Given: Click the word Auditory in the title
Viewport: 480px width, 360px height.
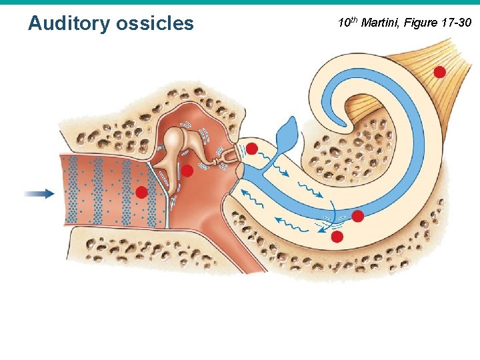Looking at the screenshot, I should (69, 24).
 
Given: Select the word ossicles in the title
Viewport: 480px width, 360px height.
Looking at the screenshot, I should (155, 24).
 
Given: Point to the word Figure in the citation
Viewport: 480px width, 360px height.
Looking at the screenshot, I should (420, 23).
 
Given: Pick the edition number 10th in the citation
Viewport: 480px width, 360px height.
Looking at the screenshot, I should (347, 23).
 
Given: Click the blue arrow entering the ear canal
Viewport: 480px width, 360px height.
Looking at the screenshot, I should (39, 193).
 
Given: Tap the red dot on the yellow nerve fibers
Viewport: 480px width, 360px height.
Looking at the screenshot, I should (439, 72).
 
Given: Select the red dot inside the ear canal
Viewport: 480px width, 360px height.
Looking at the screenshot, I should (141, 193).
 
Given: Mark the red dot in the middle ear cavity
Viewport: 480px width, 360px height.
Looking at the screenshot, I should (188, 171).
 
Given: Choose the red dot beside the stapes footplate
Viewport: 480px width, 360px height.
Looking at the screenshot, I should (252, 147).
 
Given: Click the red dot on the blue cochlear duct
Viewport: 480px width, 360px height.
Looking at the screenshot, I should (357, 216).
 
